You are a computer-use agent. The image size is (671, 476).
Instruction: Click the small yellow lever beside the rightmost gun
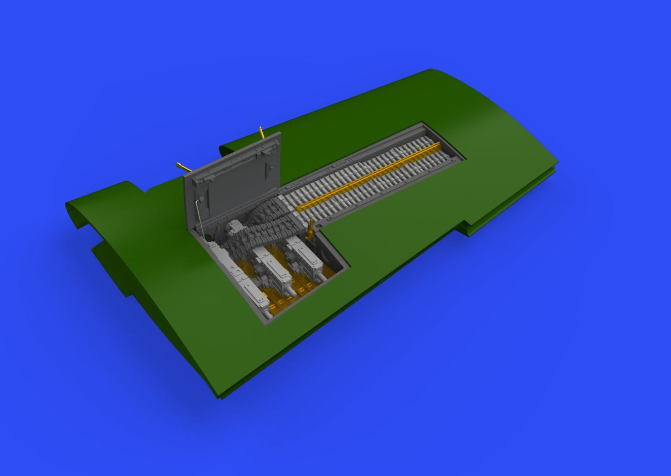(x=311, y=229)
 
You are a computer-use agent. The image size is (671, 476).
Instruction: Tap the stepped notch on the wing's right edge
(x=467, y=227)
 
